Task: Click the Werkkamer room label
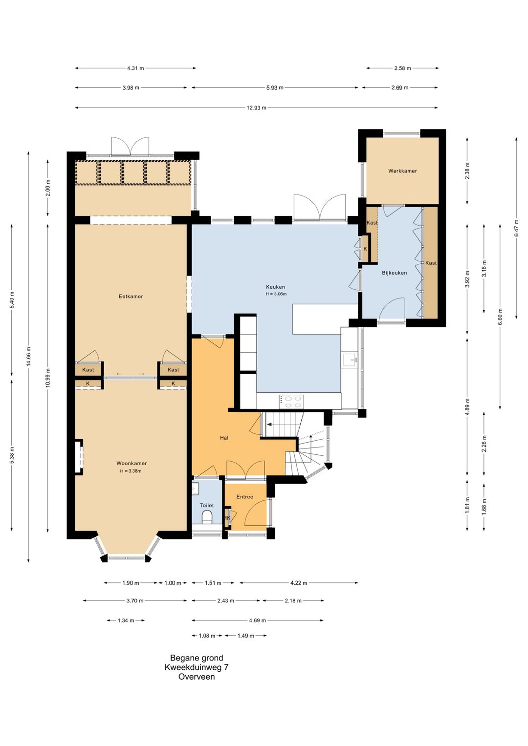tap(402, 171)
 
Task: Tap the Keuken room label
tap(275, 287)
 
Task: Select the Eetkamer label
tap(131, 296)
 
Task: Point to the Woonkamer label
tap(132, 463)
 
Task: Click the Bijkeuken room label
tap(395, 273)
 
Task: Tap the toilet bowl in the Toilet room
tap(207, 517)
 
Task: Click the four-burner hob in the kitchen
tap(292, 401)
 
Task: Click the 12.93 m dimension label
tap(256, 107)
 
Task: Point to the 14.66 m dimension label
tap(29, 356)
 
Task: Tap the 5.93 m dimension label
tap(275, 87)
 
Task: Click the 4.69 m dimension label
tap(257, 620)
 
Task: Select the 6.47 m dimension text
tap(516, 228)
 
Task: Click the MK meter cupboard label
tap(227, 518)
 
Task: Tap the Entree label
tap(244, 496)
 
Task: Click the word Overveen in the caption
tap(197, 677)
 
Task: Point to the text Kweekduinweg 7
tap(197, 667)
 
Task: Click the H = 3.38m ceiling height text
tap(131, 471)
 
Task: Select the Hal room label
tap(224, 438)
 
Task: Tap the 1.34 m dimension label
tap(126, 620)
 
